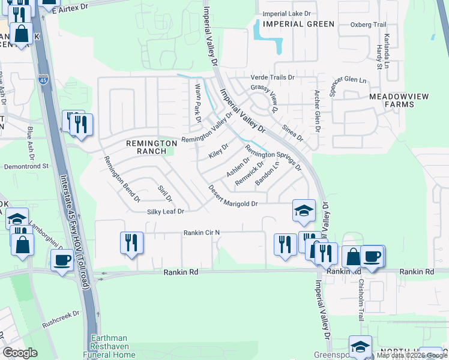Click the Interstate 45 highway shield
pyautogui.click(x=43, y=79)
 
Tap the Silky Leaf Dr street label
pyautogui.click(x=165, y=212)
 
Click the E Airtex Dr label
pyautogui.click(x=78, y=6)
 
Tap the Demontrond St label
pyautogui.click(x=26, y=166)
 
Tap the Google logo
pyautogui.click(x=21, y=353)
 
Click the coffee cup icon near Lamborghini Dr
pyautogui.click(x=62, y=260)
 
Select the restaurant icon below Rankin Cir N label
pyautogui.click(x=131, y=243)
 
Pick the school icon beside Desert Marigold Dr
pyautogui.click(x=304, y=210)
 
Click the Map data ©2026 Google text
pyautogui.click(x=411, y=355)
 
